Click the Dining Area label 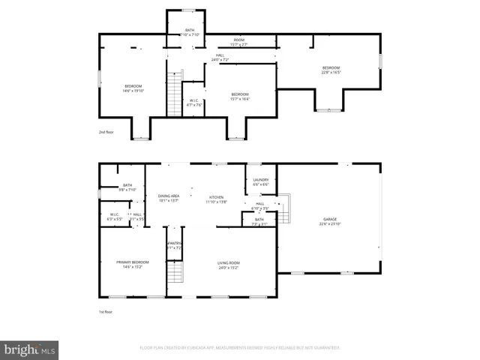(x=169, y=197)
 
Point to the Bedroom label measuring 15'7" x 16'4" (x=239, y=96)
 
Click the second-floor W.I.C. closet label (x=193, y=103)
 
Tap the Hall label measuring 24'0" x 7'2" (x=220, y=57)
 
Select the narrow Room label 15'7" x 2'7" (x=238, y=42)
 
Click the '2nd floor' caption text (x=108, y=132)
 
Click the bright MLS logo (x=29, y=349)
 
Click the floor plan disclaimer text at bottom (x=240, y=347)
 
